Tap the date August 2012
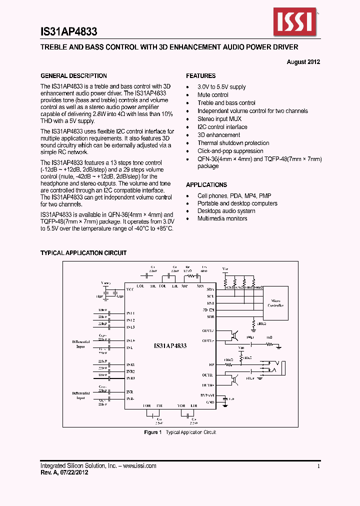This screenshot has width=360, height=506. pyautogui.click(x=303, y=62)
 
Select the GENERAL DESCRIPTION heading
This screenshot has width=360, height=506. pyautogui.click(x=73, y=76)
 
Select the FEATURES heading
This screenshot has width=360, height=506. pyautogui.click(x=201, y=76)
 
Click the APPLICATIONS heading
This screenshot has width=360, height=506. pyautogui.click(x=206, y=184)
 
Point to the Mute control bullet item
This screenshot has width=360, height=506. pyautogui.click(x=213, y=95)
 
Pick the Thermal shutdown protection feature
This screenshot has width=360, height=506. pyautogui.click(x=233, y=143)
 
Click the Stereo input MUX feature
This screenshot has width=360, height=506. pyautogui.click(x=219, y=119)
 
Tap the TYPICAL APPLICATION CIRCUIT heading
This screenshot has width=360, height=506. pyautogui.click(x=83, y=253)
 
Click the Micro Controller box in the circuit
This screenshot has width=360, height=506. pyautogui.click(x=275, y=303)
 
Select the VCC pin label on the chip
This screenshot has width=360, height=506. pyautogui.click(x=130, y=290)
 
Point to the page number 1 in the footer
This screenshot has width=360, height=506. pyautogui.click(x=318, y=465)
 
